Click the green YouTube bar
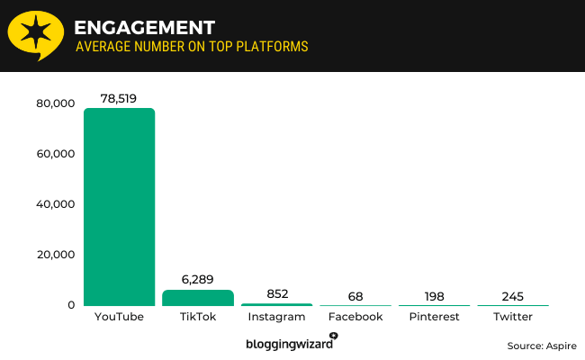click(119, 207)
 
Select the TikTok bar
click(197, 298)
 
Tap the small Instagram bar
click(275, 305)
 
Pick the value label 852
click(275, 293)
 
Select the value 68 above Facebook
click(355, 296)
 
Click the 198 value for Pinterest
click(434, 296)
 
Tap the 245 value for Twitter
click(513, 296)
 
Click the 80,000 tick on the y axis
click(54, 103)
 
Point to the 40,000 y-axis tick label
click(54, 204)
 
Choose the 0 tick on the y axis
click(69, 305)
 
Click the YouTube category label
click(119, 317)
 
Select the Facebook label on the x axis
click(355, 317)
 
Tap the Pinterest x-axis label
click(434, 317)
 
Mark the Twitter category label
click(513, 317)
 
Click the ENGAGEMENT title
click(144, 24)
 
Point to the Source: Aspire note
click(541, 346)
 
